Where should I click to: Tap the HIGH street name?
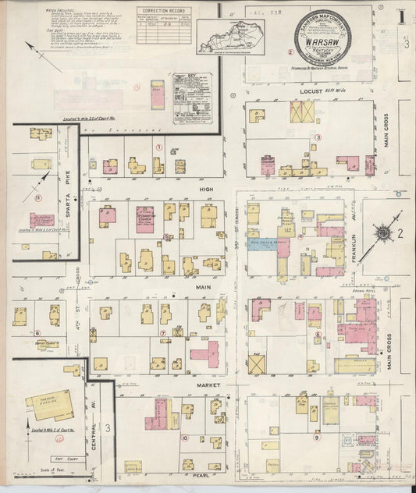click(206, 190)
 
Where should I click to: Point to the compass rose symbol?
click(383, 232)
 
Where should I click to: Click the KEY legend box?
click(193, 98)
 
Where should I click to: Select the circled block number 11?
click(37, 197)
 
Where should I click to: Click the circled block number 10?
click(185, 438)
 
